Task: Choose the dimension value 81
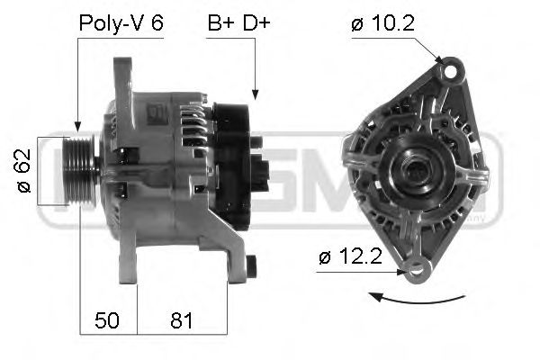tap(180, 320)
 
